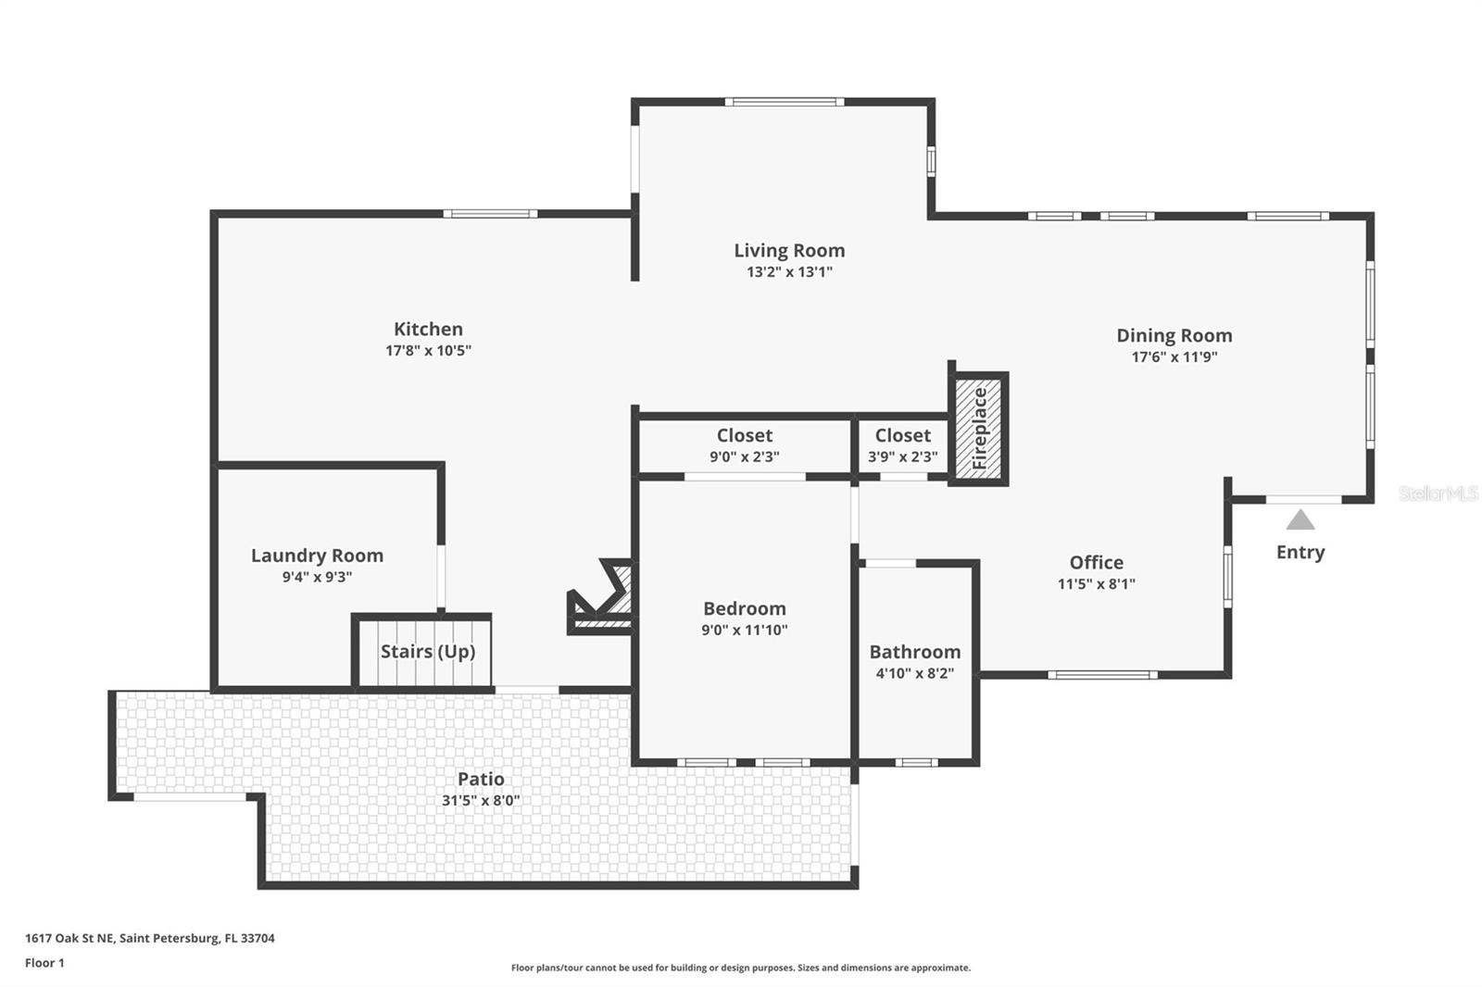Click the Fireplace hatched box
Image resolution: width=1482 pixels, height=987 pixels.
click(978, 429)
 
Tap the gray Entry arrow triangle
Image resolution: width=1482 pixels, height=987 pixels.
click(1300, 520)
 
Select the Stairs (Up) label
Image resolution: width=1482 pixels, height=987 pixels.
click(427, 652)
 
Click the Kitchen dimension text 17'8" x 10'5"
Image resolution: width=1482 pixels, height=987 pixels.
click(428, 351)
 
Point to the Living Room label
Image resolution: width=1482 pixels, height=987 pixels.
click(789, 250)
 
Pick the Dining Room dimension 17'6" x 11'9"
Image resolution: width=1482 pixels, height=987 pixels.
click(1174, 357)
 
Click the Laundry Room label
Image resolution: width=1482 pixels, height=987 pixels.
click(317, 556)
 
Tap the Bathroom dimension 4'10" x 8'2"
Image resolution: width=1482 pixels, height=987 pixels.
click(915, 673)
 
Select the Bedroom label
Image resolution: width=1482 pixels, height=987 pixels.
click(745, 608)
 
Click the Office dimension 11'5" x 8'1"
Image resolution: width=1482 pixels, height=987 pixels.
click(1097, 584)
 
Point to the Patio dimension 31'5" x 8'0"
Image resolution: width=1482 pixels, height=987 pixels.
click(481, 801)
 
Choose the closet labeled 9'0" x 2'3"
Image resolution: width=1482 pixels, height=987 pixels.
click(745, 446)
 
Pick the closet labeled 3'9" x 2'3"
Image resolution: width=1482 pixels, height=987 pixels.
click(902, 446)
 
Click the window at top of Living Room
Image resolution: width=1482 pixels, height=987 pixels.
click(785, 102)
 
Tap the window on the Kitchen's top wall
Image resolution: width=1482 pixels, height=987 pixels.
click(490, 214)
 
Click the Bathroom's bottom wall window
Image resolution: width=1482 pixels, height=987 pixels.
click(916, 763)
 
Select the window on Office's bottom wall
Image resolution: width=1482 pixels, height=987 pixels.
click(1103, 675)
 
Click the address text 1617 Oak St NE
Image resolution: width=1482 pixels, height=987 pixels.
click(69, 938)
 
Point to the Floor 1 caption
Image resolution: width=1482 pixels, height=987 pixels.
click(45, 963)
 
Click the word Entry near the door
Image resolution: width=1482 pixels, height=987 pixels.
click(1300, 553)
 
